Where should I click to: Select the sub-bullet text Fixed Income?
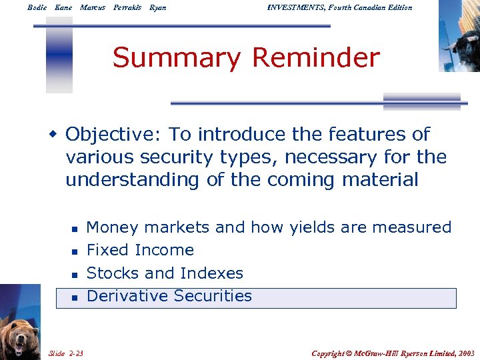(140, 251)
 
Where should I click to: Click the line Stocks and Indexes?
(165, 273)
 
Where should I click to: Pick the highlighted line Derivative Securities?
(169, 296)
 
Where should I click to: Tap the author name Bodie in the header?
(37, 7)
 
